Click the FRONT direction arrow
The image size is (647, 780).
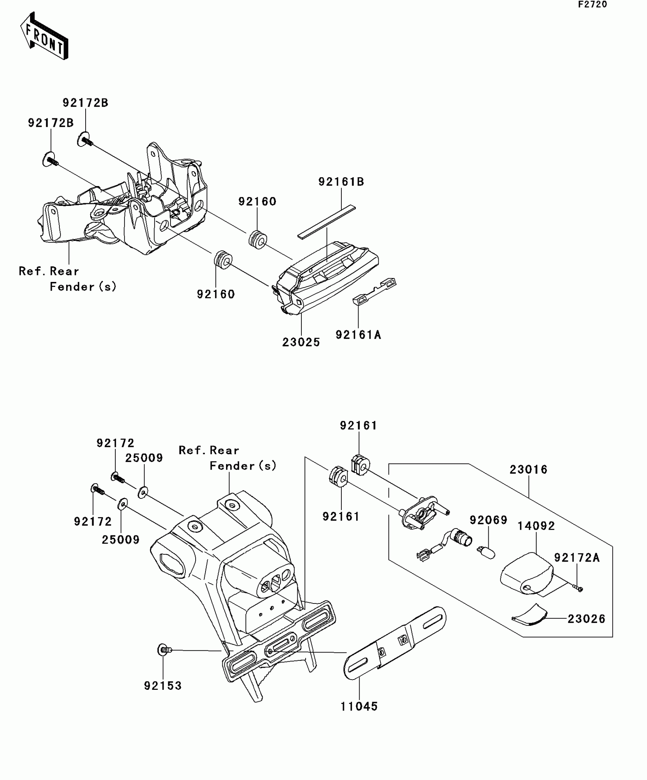(x=44, y=36)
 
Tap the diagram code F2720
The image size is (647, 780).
(x=593, y=5)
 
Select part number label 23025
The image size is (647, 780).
(x=301, y=342)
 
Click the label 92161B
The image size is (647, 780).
(x=341, y=182)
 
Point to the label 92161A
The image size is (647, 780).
(x=358, y=335)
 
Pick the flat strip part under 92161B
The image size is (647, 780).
(x=326, y=222)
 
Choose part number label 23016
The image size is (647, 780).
(x=528, y=470)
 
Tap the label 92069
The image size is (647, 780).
(x=488, y=520)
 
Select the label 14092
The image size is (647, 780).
(x=536, y=526)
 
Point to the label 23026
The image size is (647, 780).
(x=586, y=619)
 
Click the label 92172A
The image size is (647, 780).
(x=577, y=558)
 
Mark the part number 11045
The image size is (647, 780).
(x=359, y=707)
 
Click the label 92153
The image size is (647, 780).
(x=163, y=686)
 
